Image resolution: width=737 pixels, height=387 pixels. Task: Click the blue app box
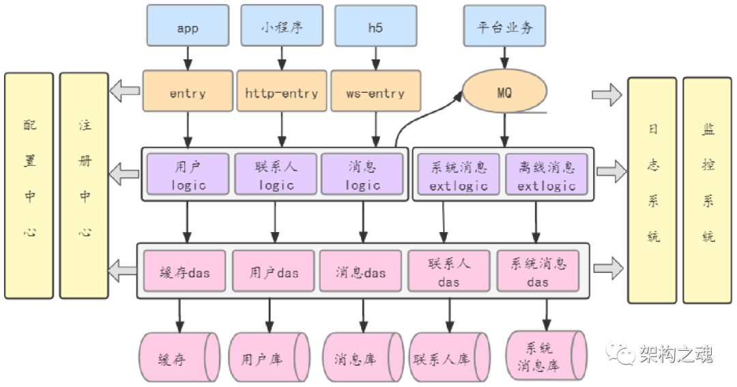[x=187, y=28]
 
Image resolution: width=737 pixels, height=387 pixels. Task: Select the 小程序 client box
[x=281, y=28]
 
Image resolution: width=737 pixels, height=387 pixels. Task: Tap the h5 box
[x=375, y=28]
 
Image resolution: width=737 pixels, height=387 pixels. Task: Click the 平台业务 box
[x=505, y=28]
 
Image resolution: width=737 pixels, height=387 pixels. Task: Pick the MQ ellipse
[x=504, y=93]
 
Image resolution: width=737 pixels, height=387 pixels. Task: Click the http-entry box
[x=281, y=93]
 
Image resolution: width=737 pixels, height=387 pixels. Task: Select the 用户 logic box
[x=188, y=175]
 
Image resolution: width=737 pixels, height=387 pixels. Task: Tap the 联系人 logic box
[x=276, y=175]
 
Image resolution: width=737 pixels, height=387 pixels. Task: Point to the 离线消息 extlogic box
[x=546, y=175]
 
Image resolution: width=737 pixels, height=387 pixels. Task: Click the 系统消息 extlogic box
[x=459, y=175]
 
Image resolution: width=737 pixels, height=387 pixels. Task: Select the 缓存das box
[x=184, y=272]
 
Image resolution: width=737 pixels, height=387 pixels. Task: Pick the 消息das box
[x=360, y=272]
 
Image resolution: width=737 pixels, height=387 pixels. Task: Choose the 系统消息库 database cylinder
[x=546, y=355]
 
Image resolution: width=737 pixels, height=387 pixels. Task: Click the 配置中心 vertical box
[x=29, y=186]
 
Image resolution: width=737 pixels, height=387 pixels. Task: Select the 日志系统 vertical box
[x=652, y=190]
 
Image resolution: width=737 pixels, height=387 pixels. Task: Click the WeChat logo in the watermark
[x=619, y=352]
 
